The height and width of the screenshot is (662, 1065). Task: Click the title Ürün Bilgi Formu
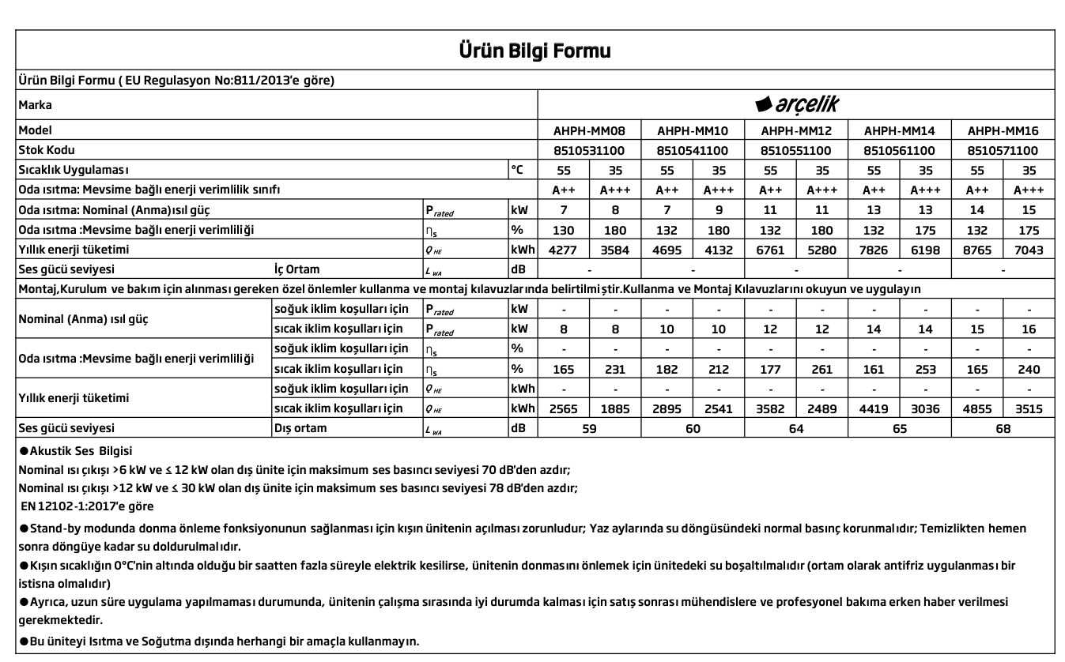(534, 51)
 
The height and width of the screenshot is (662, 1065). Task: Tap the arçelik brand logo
(796, 105)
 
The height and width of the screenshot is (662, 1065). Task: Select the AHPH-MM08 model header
(590, 130)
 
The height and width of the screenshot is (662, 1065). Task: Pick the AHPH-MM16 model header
(1003, 130)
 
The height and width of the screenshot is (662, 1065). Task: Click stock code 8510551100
(795, 150)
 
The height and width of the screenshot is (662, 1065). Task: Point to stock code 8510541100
(693, 150)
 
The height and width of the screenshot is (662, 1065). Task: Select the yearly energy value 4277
(564, 250)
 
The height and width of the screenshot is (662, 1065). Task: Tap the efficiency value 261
(821, 369)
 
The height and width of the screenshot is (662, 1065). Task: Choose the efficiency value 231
(615, 369)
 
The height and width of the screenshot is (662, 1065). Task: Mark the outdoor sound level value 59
(589, 429)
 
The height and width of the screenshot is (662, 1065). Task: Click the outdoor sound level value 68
(1003, 429)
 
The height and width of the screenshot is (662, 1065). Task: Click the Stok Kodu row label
(44, 150)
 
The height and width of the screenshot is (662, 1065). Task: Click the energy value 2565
(564, 409)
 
